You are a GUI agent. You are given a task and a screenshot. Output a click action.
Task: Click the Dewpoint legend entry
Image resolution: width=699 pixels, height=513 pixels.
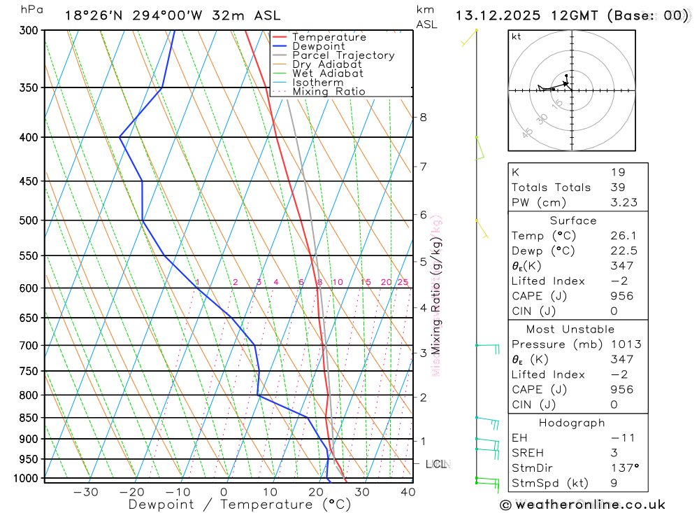tap(318, 46)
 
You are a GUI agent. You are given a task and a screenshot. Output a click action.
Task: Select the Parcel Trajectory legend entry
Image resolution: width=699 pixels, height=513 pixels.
tap(343, 55)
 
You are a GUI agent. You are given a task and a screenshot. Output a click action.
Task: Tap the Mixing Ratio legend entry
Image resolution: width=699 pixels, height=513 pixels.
tap(329, 92)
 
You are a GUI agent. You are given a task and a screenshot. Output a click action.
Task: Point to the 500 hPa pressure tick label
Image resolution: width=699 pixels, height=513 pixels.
tap(29, 220)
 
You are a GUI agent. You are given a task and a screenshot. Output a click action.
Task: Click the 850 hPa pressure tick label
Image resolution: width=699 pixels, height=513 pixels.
tap(29, 418)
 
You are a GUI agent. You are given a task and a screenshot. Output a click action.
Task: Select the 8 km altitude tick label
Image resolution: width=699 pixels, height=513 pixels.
tap(423, 117)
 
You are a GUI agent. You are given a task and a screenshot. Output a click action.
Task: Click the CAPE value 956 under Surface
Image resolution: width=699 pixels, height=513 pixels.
tap(621, 296)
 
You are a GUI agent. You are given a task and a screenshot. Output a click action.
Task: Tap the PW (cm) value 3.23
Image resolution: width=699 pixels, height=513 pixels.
tap(621, 202)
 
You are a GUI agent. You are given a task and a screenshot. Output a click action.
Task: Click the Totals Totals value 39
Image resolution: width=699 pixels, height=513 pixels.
tap(617, 188)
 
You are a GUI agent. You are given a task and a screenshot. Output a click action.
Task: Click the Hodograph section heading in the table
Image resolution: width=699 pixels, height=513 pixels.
tap(572, 423)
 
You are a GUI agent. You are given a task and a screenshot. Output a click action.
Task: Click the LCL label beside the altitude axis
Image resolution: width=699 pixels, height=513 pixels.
tap(436, 464)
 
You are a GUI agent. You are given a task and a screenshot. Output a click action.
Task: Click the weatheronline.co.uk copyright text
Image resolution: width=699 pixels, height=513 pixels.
tap(582, 505)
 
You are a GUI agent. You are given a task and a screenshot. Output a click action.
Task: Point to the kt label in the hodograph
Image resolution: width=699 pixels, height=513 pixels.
tap(517, 37)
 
